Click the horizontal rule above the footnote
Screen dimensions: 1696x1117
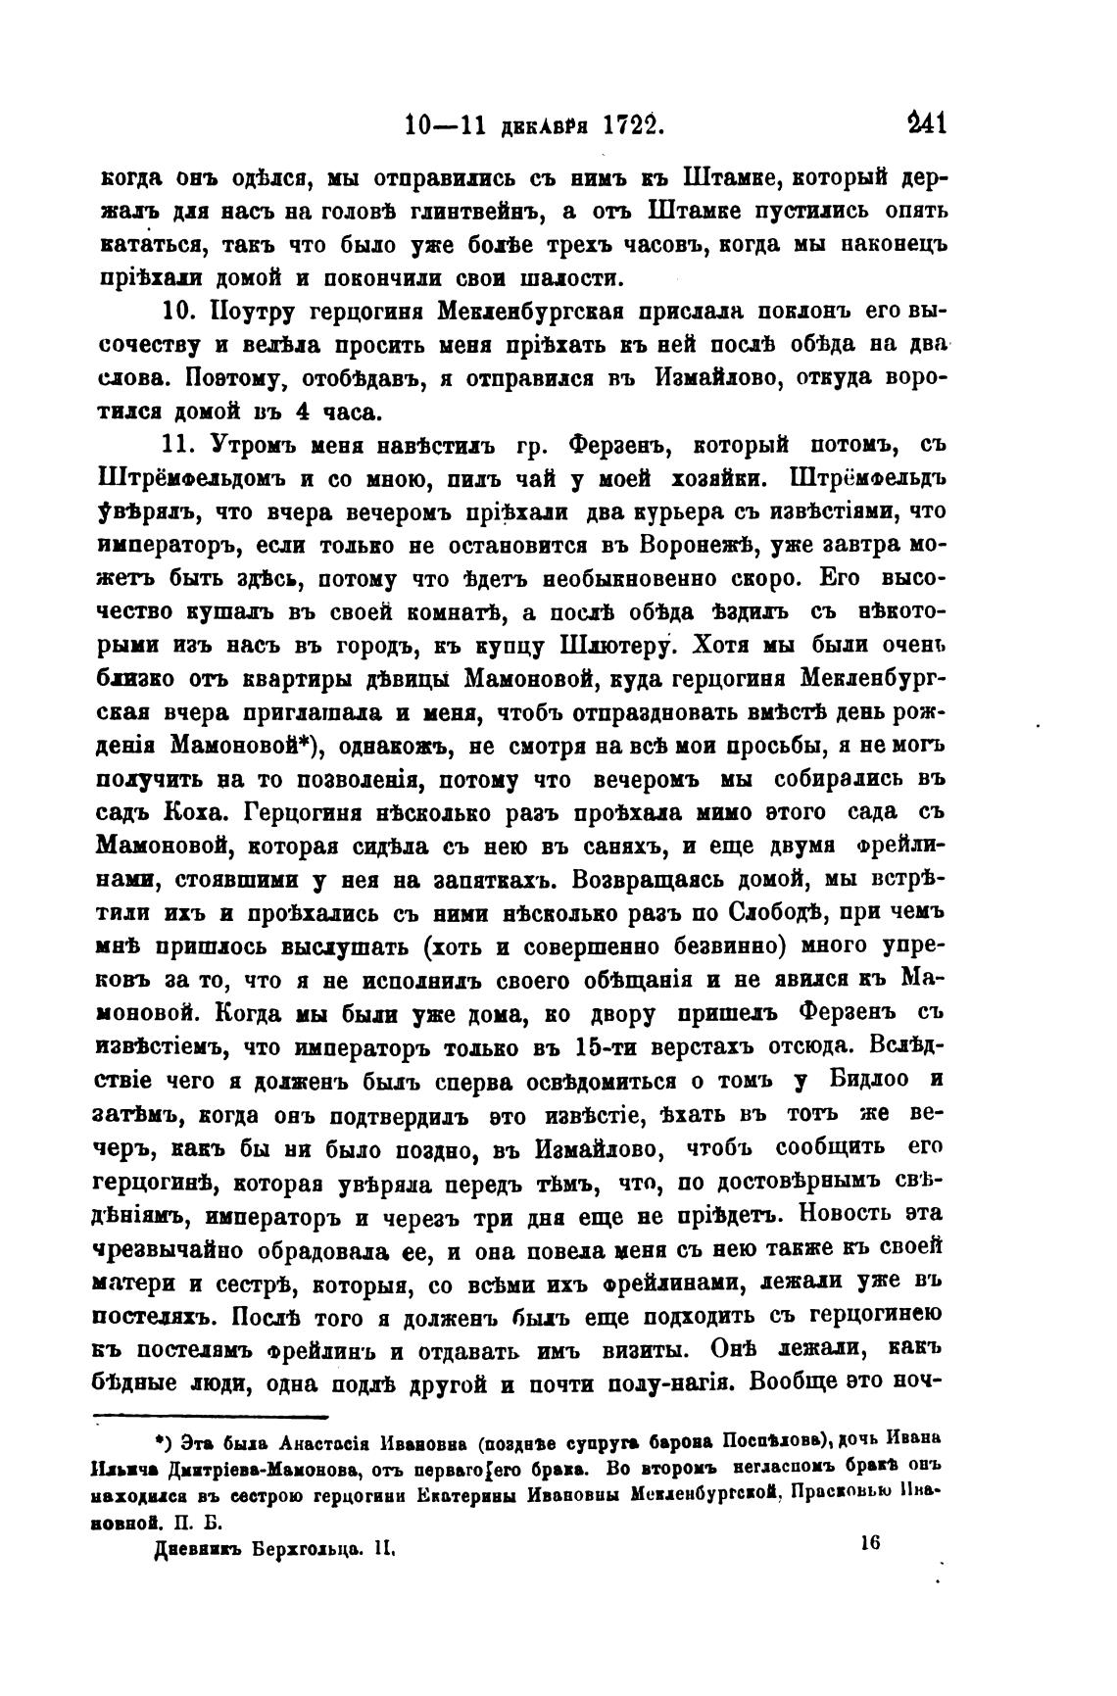click(x=212, y=1416)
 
